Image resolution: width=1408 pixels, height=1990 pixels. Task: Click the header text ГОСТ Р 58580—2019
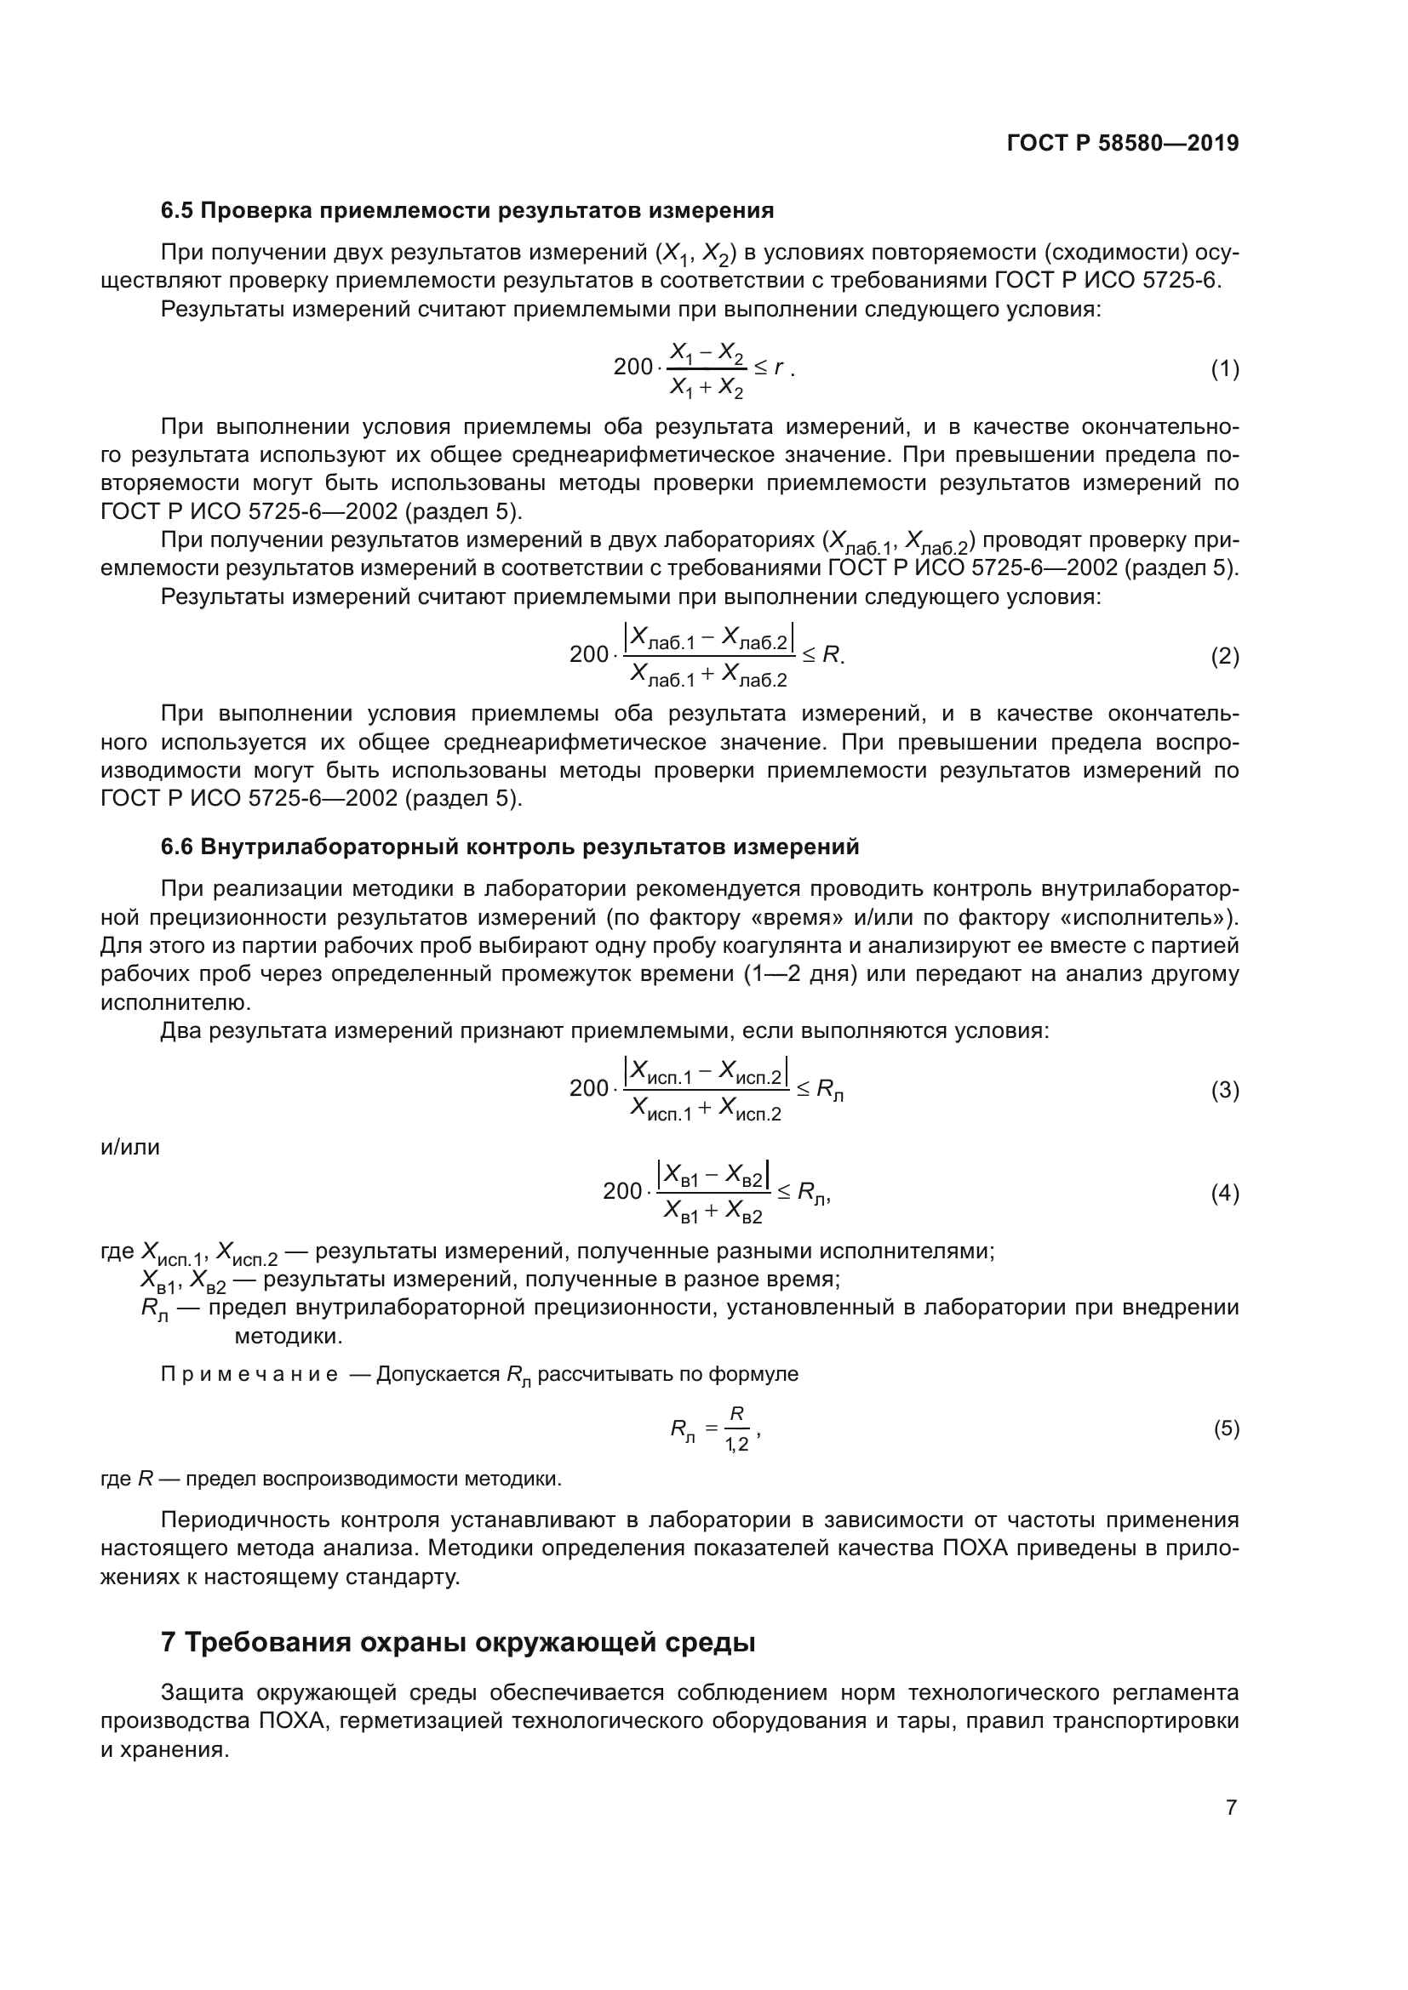click(1123, 144)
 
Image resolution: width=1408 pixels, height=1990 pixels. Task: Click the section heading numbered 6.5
click(466, 211)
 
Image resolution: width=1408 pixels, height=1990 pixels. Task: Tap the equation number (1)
click(1224, 369)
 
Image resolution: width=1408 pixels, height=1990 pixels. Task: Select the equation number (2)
click(1224, 656)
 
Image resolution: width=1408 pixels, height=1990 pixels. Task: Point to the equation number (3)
click(1224, 1090)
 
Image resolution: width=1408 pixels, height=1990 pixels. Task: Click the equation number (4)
click(1224, 1194)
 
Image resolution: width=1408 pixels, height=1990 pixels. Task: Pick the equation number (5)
click(1226, 1428)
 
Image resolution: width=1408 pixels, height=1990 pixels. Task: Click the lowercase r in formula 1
click(779, 368)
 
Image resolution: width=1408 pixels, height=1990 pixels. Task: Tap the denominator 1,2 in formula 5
click(736, 1445)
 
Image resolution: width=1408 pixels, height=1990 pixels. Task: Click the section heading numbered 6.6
click(510, 847)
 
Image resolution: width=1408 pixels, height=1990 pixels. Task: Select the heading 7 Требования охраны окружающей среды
click(458, 1642)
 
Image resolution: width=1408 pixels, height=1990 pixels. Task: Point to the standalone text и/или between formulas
click(130, 1148)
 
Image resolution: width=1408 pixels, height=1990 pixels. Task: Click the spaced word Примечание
click(249, 1375)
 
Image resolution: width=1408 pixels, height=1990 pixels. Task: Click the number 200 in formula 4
click(621, 1192)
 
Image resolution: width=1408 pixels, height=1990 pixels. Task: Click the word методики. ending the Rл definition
click(289, 1337)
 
